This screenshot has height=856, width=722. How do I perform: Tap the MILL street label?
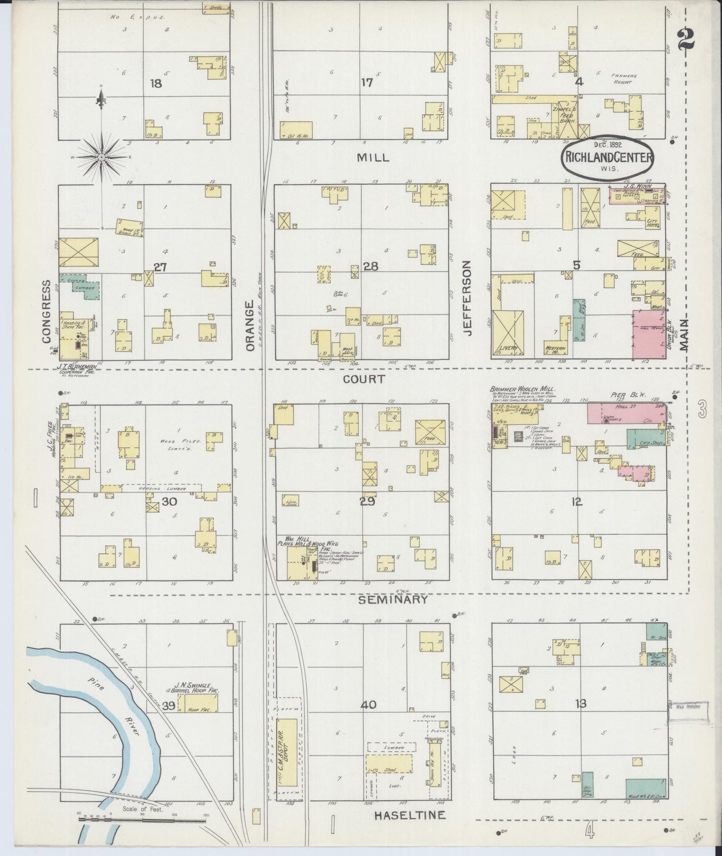click(x=373, y=157)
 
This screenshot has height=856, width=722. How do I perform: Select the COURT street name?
click(x=364, y=379)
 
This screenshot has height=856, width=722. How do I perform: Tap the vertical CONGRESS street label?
click(x=46, y=312)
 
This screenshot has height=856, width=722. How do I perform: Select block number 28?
click(x=370, y=267)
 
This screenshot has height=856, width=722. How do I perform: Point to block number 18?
click(x=156, y=83)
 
